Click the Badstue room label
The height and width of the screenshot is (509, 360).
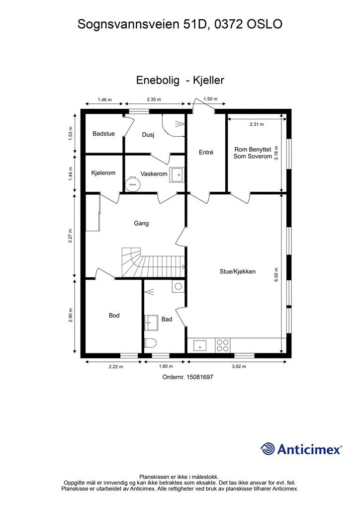103,133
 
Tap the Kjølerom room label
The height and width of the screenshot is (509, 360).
103,173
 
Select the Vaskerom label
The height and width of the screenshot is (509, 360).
154,173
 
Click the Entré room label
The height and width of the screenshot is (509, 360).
206,152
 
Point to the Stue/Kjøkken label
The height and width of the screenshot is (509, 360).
238,272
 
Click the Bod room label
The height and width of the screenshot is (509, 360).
114,315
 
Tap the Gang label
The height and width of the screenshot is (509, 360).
141,223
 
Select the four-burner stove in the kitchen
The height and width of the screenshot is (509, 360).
222,345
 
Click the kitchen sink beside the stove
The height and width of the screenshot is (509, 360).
200,345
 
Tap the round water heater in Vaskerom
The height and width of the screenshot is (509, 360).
133,183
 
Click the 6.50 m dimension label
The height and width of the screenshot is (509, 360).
276,274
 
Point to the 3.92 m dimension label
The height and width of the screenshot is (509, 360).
239,366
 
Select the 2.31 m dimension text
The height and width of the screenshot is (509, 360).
257,124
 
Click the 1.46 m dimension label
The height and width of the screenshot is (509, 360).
104,99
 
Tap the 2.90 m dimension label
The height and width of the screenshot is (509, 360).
71,315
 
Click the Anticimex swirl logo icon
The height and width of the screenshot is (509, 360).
268,449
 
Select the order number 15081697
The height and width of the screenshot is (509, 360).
199,377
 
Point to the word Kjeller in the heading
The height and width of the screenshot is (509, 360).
208,80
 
